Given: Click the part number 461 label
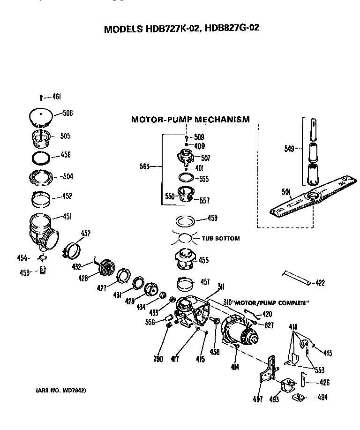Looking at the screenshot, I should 56,97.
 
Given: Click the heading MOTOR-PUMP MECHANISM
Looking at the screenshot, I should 190,120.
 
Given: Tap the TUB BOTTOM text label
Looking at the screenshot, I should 220,238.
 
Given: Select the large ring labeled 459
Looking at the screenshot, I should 186,219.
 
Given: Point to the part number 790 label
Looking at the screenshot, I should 158,359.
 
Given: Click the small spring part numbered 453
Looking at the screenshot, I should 43,271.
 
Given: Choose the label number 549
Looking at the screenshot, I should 289,149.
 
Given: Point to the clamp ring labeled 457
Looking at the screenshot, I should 187,284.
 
